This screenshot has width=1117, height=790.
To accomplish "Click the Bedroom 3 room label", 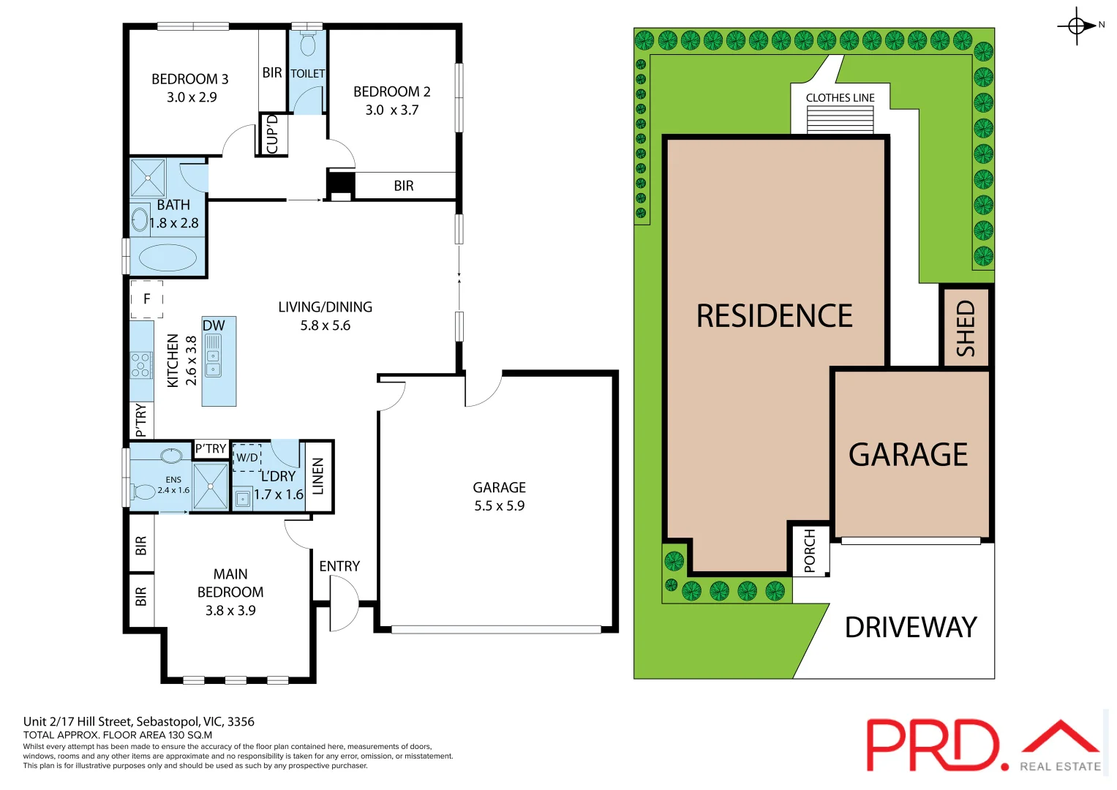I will [189, 79].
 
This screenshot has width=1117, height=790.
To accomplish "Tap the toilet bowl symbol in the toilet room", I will [308, 45].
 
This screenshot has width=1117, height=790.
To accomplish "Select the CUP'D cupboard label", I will [272, 134].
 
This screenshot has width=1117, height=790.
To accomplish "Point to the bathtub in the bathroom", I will [168, 257].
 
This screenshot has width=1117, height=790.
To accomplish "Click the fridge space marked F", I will [147, 298].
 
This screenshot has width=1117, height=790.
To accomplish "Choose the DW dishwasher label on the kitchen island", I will [214, 326].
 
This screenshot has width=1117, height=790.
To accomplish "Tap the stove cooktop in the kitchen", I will [140, 364].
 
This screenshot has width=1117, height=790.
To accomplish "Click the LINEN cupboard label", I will [318, 476].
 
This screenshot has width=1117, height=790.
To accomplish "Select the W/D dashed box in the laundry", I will [247, 457].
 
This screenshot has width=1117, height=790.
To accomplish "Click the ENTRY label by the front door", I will [339, 566].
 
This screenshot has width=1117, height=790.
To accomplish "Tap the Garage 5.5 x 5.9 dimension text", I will [500, 505].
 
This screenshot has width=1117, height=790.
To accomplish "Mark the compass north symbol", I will [1077, 26].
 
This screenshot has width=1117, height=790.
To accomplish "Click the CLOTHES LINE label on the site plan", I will [840, 98].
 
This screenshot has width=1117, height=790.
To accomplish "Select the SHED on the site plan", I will [966, 328].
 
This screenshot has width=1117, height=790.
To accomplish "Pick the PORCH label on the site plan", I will [810, 551].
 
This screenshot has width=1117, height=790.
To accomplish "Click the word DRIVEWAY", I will [911, 628].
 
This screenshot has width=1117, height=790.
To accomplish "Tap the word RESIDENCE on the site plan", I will [774, 316].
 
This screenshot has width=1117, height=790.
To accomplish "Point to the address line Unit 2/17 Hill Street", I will [139, 721].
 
